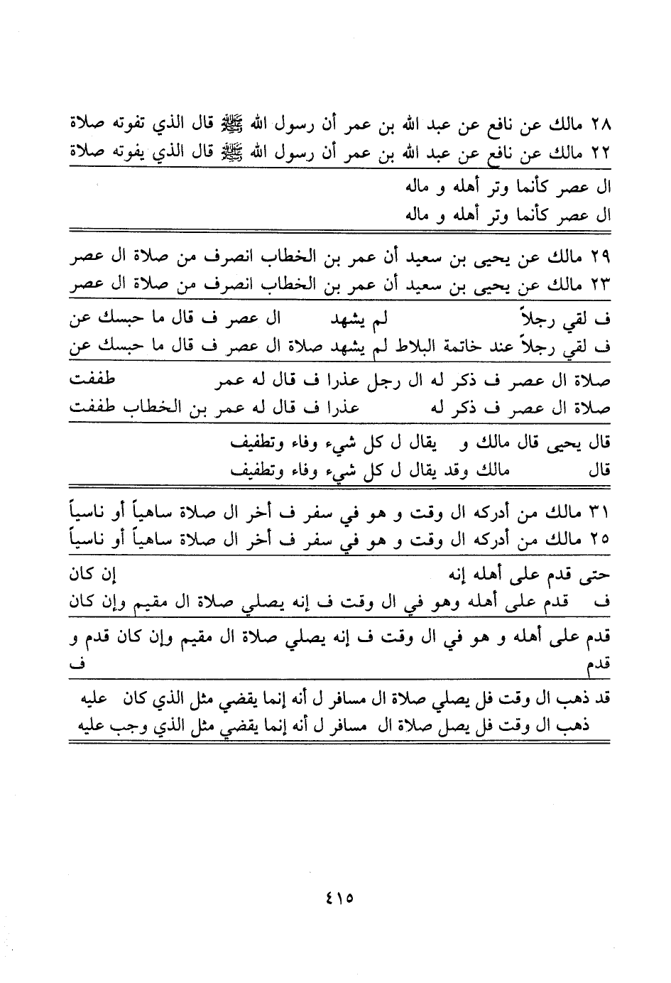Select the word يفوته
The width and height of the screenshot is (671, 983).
click(x=131, y=153)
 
